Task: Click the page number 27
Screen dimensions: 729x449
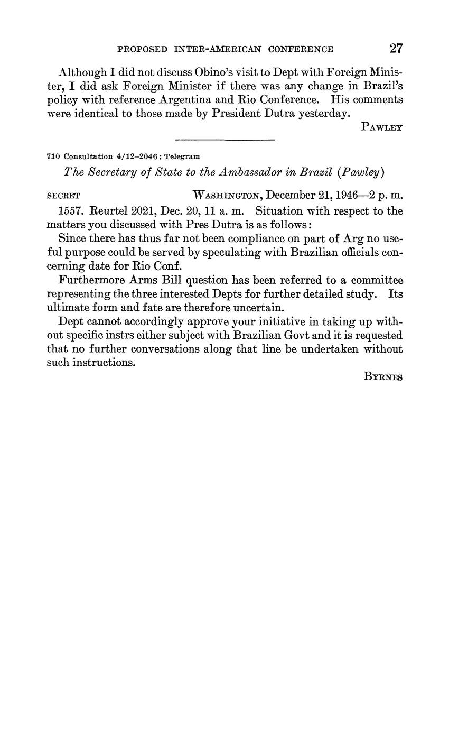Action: (x=396, y=49)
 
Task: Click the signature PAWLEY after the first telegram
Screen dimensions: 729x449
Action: (x=382, y=127)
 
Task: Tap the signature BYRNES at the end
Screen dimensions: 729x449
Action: (x=383, y=377)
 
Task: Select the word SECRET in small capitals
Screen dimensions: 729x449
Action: (x=63, y=195)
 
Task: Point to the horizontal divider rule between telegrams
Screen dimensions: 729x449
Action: (x=224, y=140)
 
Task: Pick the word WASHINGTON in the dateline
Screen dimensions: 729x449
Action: (x=228, y=195)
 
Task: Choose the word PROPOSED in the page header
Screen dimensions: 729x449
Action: (x=142, y=49)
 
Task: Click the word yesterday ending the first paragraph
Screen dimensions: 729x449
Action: (x=324, y=113)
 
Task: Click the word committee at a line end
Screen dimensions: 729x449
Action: (x=376, y=280)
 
